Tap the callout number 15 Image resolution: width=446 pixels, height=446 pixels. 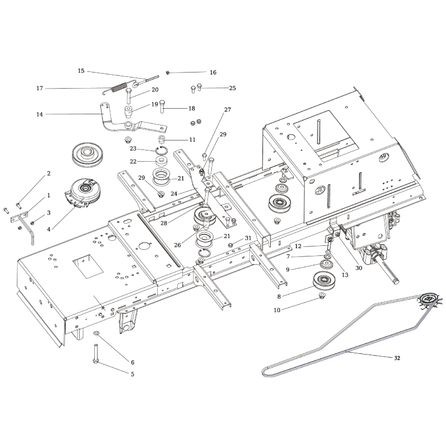(81, 71)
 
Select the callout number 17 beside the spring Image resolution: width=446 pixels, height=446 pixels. (40, 88)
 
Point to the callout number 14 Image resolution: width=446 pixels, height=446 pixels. (40, 115)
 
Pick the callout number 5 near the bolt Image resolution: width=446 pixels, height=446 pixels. (132, 374)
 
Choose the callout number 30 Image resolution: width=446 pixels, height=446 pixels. (358, 268)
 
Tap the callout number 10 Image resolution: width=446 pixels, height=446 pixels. (277, 309)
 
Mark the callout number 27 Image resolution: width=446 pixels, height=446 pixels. (227, 110)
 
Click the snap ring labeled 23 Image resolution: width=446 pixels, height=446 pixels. (160, 149)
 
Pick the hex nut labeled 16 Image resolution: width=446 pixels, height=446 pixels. (167, 72)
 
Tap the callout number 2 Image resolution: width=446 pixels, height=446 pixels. (49, 173)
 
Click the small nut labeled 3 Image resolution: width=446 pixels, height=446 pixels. (33, 223)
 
